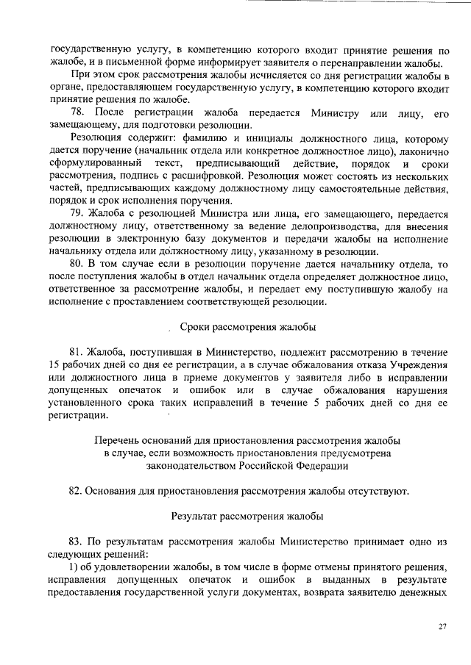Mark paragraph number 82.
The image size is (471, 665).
(78, 491)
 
